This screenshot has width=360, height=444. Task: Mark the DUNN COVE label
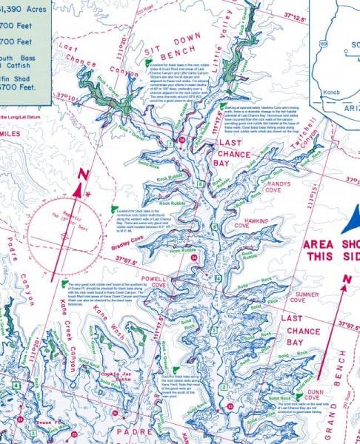point(318,398)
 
